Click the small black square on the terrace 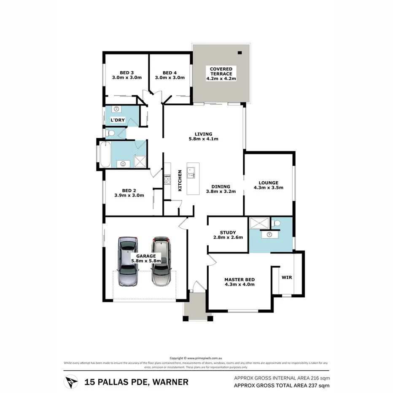point(240,53)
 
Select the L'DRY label point(117,120)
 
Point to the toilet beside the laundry point(111,134)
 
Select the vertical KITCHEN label point(180,180)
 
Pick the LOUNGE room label point(268,183)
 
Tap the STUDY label point(228,232)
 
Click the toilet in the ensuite point(277,223)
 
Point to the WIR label point(287,277)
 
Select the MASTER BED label point(240,279)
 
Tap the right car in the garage point(161,261)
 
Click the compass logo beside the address point(71,382)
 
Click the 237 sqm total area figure point(314,385)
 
